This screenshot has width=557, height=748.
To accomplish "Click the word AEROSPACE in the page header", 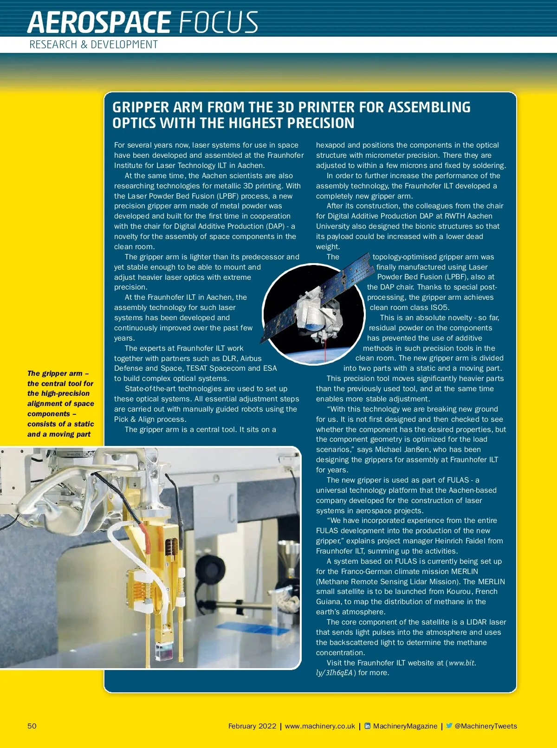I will (99, 22).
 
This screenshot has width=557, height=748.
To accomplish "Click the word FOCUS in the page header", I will (218, 22).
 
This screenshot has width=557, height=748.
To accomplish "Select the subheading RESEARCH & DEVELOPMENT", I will (93, 45).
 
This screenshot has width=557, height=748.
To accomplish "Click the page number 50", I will (32, 726).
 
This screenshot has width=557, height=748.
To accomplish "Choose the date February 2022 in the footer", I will (252, 726).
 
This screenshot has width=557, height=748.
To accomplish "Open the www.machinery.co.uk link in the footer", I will (320, 726).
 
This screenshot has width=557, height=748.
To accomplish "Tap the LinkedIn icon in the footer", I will (368, 726).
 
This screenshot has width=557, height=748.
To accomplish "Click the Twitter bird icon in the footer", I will (449, 726).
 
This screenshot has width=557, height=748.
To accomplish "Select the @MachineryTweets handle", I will (486, 726).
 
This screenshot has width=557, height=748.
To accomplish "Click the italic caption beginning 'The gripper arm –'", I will (60, 404).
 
